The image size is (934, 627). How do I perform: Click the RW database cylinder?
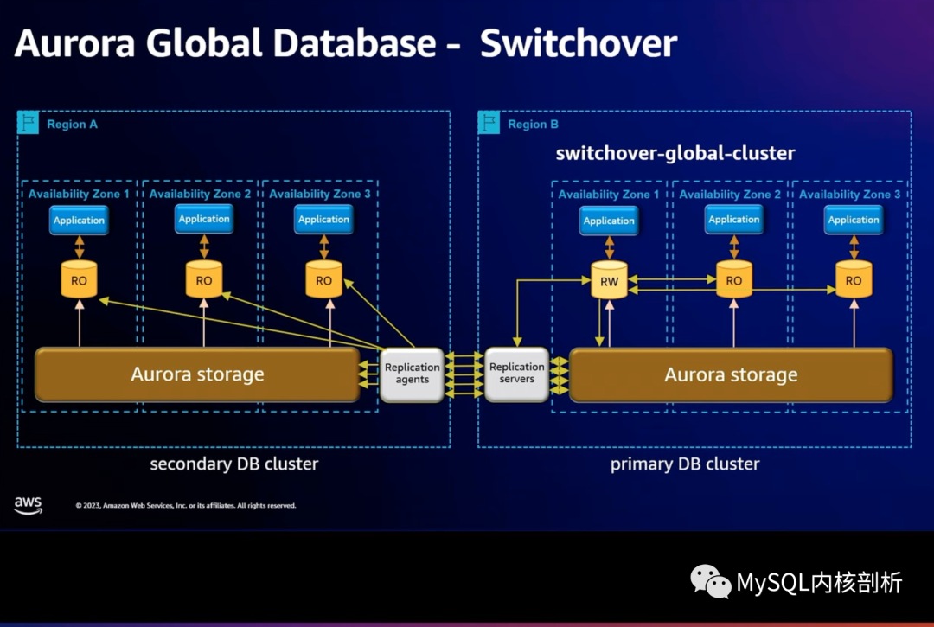tap(609, 281)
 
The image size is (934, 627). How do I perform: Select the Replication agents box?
tap(412, 374)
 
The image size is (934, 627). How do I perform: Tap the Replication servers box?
tap(517, 373)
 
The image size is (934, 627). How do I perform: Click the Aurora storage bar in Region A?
tap(197, 374)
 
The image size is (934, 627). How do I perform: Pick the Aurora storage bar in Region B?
tap(731, 374)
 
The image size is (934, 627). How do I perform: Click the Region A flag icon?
tap(29, 123)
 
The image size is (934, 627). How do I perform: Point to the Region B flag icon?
tap(489, 123)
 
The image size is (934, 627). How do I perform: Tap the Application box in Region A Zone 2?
tap(204, 219)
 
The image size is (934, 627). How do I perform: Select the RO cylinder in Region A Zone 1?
tap(79, 280)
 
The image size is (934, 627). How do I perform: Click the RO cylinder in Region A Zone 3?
tap(323, 280)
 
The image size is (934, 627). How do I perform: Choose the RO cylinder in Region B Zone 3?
tap(854, 280)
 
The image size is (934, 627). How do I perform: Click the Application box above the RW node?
tap(609, 221)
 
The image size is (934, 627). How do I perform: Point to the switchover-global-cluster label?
tap(675, 154)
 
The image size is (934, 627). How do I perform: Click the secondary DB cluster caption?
tap(234, 464)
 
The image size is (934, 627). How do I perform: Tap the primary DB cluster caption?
tap(685, 464)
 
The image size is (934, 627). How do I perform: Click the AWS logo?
tap(29, 506)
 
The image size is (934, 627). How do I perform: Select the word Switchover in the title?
tap(579, 43)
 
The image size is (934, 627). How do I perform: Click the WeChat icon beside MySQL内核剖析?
tap(710, 581)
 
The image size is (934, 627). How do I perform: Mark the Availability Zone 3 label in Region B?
tap(850, 195)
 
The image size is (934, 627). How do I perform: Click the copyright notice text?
tap(185, 506)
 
